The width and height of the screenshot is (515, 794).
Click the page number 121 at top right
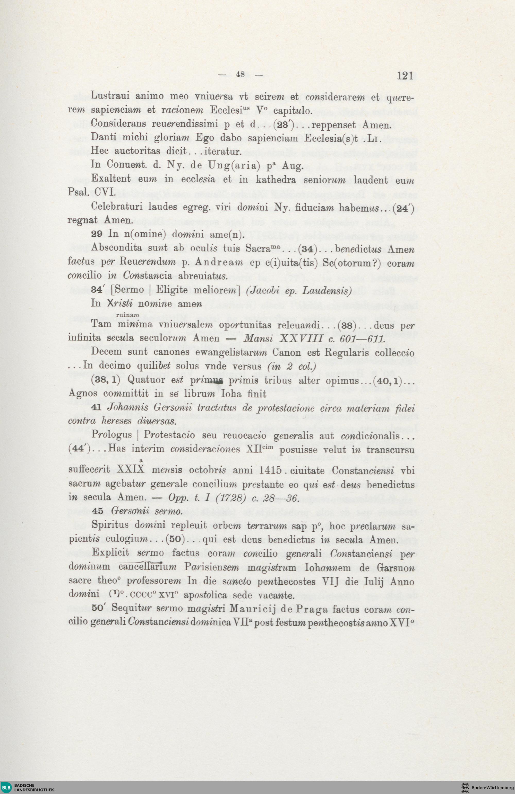tap(405, 76)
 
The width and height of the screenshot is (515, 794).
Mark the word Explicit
tap(110, 552)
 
